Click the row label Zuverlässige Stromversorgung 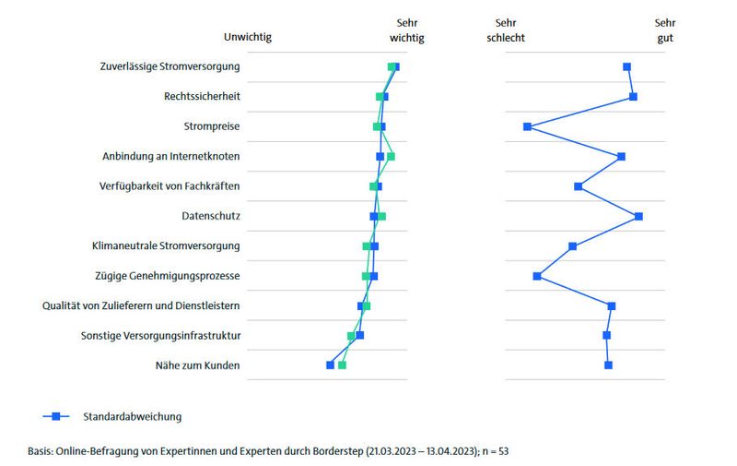point(170,66)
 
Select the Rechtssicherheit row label point(202,96)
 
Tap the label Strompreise point(210,126)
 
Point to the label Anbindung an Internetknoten point(170,156)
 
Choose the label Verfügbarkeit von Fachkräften point(170,186)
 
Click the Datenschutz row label point(211,216)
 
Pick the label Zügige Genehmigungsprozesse point(167,276)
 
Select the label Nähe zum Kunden point(197,365)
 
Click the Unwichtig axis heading point(248,37)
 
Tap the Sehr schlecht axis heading point(506,30)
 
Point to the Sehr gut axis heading point(663,30)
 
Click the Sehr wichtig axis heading point(407,30)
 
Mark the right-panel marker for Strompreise point(527,126)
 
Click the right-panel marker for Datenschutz point(638,216)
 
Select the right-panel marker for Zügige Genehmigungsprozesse point(537,276)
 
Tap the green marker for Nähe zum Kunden point(342,365)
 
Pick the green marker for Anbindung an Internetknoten point(392,156)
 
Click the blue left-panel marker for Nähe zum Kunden point(330,365)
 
